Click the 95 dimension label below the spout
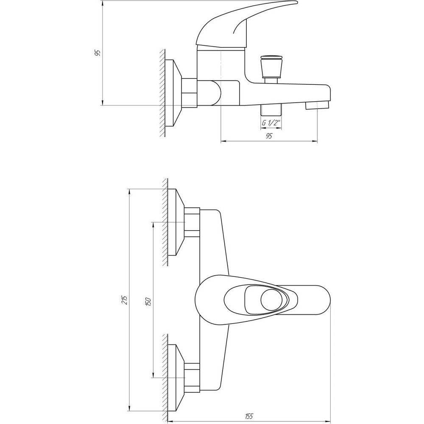coord(269,136)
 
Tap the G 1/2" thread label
coord(271,123)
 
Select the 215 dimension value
coord(124,300)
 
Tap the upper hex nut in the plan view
coord(192,222)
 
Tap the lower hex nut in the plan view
coord(192,377)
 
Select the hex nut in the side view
coord(189,92)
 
